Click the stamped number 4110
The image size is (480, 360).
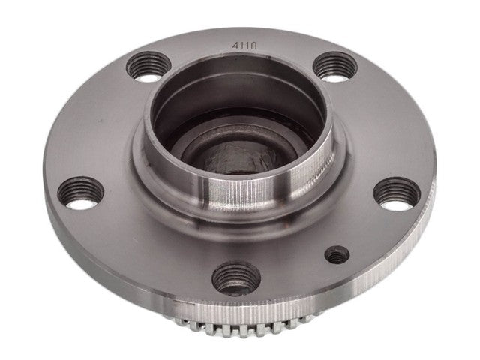pyautogui.click(x=245, y=45)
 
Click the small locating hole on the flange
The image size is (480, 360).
pyautogui.click(x=337, y=256)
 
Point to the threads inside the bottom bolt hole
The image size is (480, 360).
pyautogui.click(x=234, y=284)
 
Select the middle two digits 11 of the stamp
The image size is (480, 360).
pyautogui.click(x=245, y=45)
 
